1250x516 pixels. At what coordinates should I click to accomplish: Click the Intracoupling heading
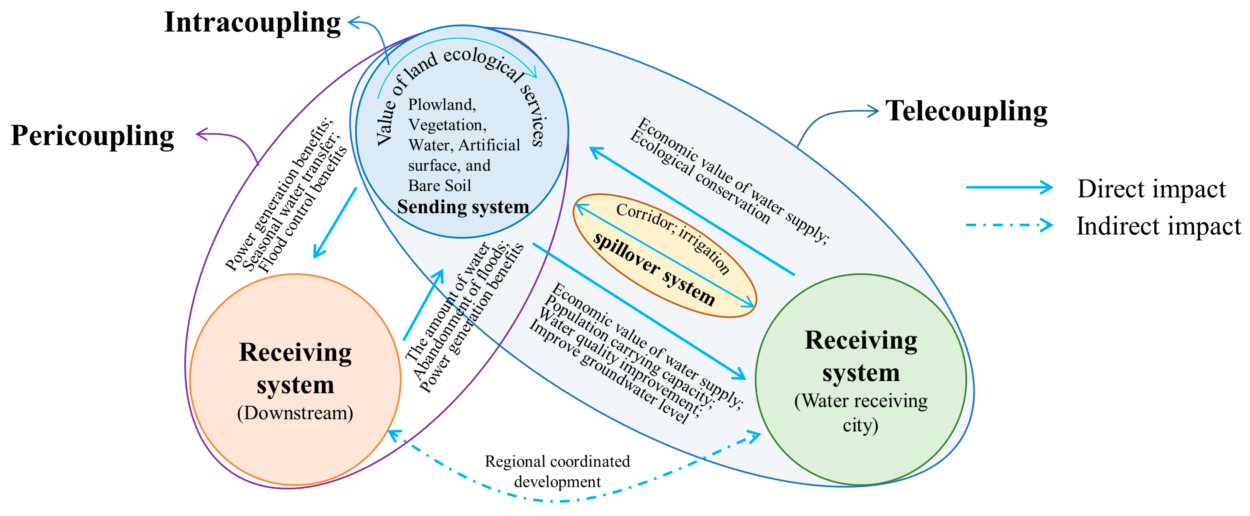pyautogui.click(x=252, y=23)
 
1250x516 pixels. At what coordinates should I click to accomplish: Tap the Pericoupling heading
pyautogui.click(x=92, y=136)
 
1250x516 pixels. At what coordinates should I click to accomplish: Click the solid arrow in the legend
pyautogui.click(x=1009, y=187)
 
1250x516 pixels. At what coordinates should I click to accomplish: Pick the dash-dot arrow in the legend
pyautogui.click(x=1009, y=225)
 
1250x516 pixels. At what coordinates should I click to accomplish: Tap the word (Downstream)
pyautogui.click(x=295, y=413)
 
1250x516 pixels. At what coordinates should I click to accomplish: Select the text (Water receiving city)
pyautogui.click(x=860, y=413)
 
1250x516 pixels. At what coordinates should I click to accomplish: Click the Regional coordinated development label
pyautogui.click(x=557, y=471)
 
